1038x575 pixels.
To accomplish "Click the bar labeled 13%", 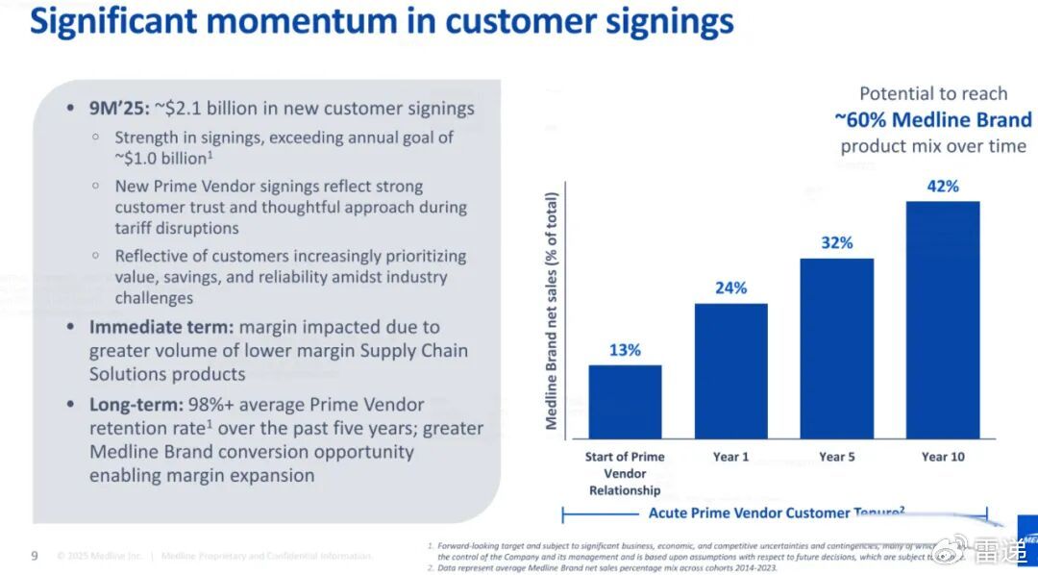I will pyautogui.click(x=625, y=401).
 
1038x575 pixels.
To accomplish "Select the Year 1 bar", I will pyautogui.click(x=730, y=370).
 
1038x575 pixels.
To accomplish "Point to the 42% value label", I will pyautogui.click(x=943, y=187).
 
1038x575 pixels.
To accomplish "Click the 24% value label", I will pyautogui.click(x=730, y=288).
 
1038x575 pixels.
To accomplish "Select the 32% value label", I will pyautogui.click(x=836, y=243).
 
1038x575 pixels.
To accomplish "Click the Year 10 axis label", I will pyautogui.click(x=943, y=457).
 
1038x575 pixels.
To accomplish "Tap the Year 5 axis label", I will pyautogui.click(x=836, y=457).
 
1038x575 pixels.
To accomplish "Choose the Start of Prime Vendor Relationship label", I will pyautogui.click(x=625, y=473).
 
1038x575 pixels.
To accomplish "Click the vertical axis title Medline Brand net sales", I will pyautogui.click(x=552, y=311).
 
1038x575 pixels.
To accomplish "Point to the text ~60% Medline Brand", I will pyautogui.click(x=932, y=120).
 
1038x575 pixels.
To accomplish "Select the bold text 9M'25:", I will pyautogui.click(x=119, y=108).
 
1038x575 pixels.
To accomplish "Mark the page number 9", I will pyautogui.click(x=35, y=556).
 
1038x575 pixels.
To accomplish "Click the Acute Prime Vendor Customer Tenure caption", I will pyautogui.click(x=777, y=513).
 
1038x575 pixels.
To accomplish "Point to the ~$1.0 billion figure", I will pyautogui.click(x=161, y=159).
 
